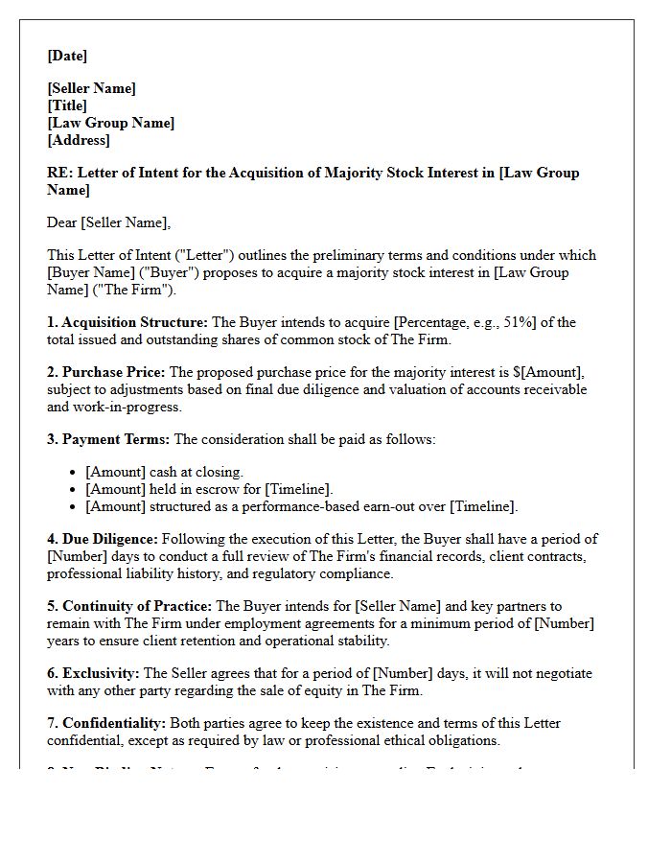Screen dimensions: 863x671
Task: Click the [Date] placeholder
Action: (67, 56)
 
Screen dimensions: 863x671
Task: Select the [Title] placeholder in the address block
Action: (67, 105)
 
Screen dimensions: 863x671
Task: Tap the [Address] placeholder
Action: (79, 140)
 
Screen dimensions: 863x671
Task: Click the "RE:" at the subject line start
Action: (58, 173)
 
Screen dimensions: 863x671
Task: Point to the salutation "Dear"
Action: (62, 222)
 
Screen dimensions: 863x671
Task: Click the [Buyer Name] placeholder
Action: (91, 272)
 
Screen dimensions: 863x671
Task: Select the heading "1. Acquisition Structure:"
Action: (127, 322)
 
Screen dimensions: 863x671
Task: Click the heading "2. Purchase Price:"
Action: (105, 372)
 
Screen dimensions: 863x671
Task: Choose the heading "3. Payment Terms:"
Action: (108, 439)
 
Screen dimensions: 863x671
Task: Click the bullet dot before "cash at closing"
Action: (74, 473)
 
